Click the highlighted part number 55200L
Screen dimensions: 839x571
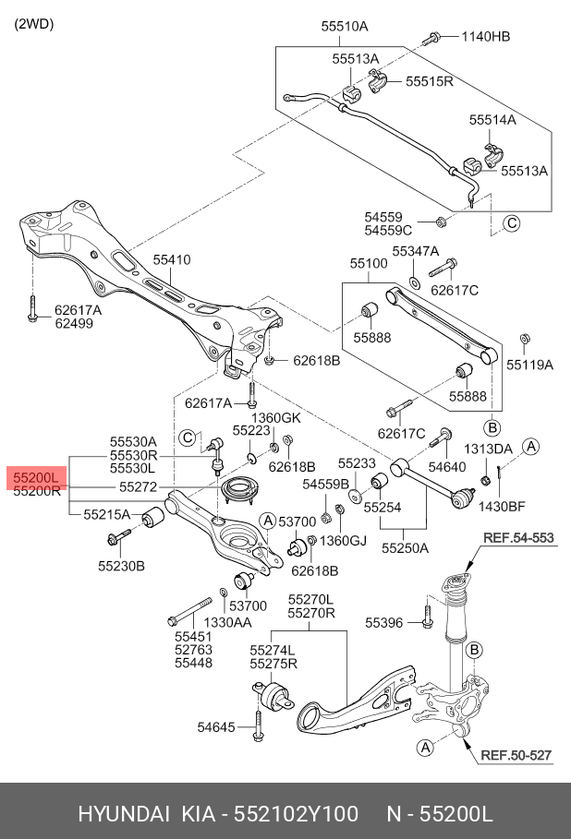coord(36,477)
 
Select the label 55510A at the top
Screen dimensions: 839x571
coord(345,27)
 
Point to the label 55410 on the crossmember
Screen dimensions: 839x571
coord(172,260)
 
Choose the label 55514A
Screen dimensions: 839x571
coord(492,120)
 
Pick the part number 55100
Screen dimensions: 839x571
coord(368,264)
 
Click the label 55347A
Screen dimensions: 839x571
coord(415,251)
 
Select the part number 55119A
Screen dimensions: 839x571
coord(529,365)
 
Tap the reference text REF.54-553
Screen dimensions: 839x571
coord(518,538)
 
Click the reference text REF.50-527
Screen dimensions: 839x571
coord(516,755)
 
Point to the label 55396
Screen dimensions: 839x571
coord(384,623)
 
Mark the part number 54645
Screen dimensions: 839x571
coord(217,727)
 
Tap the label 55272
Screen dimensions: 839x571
coord(137,485)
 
